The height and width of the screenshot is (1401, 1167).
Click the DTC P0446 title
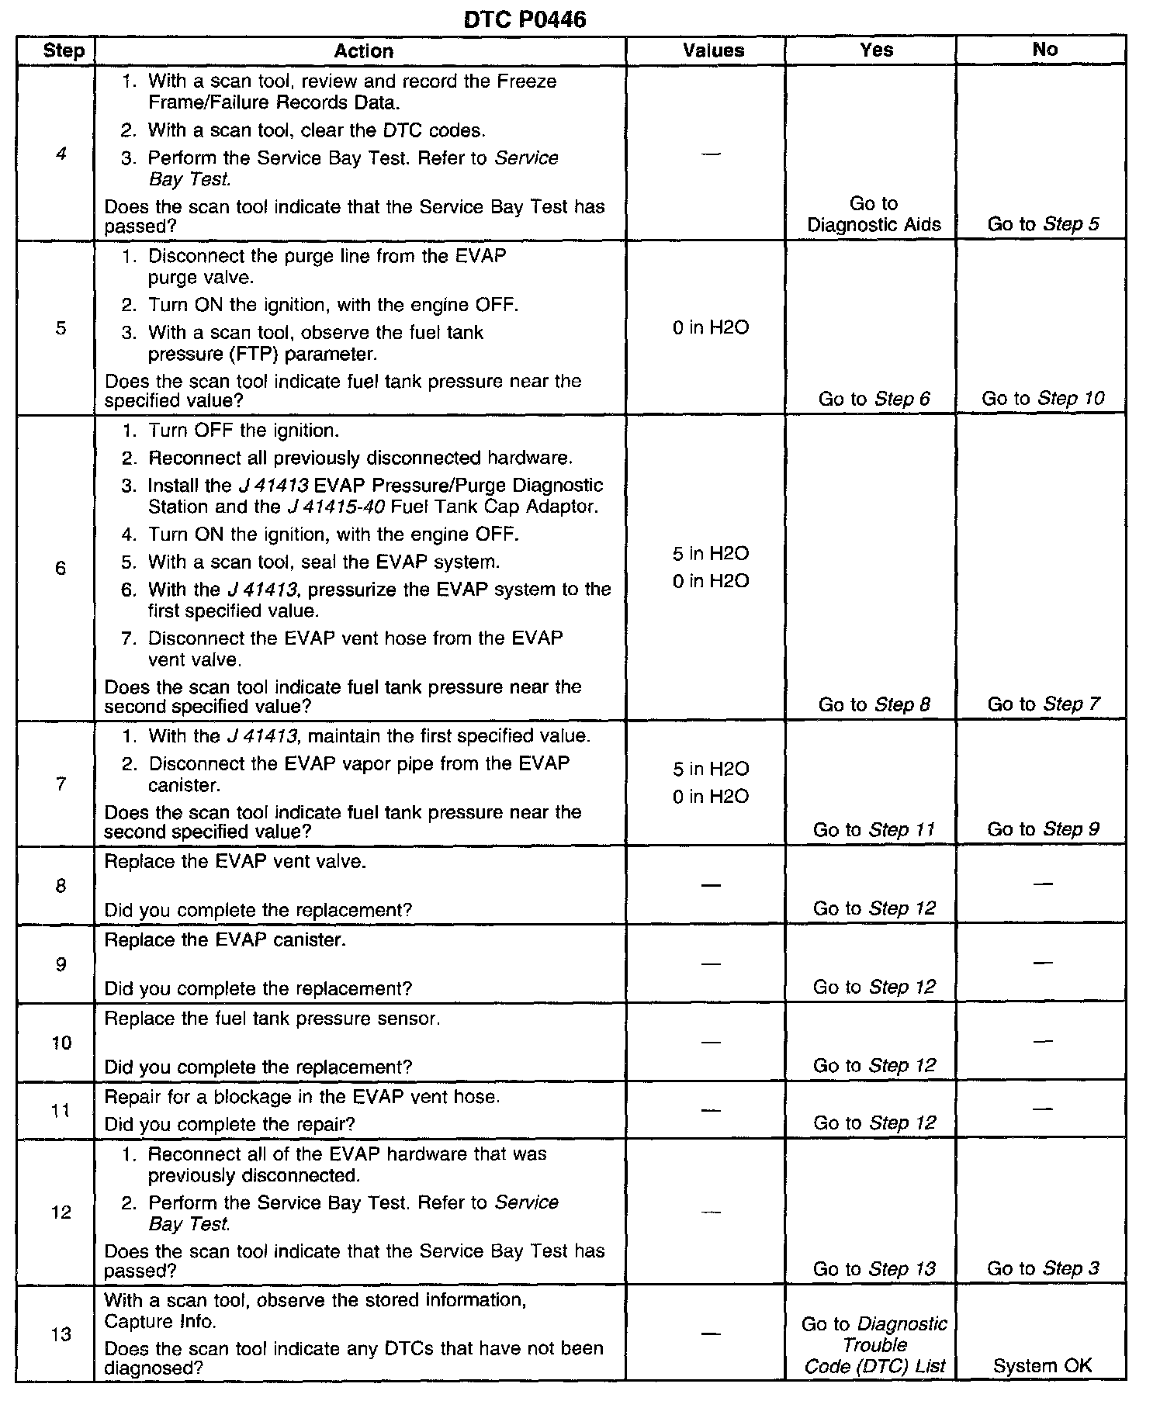(x=525, y=19)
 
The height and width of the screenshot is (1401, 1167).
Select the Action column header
(x=363, y=51)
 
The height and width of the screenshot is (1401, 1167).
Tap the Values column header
(x=713, y=50)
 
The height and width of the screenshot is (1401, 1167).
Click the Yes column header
(x=877, y=50)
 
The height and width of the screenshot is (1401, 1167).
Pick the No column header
(x=1044, y=50)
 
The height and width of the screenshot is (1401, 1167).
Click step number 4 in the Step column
(x=61, y=154)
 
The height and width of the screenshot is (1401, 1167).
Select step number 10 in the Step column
(x=61, y=1043)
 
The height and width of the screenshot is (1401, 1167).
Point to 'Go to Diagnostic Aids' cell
(x=874, y=214)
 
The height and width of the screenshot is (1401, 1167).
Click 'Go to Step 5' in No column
(x=1043, y=224)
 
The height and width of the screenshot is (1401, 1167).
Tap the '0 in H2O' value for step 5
(x=711, y=327)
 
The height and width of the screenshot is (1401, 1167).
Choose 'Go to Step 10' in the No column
(x=1043, y=399)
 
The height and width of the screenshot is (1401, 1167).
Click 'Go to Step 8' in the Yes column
(x=874, y=704)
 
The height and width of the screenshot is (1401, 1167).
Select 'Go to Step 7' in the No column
(x=1043, y=704)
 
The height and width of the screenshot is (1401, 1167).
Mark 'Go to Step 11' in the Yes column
(x=874, y=829)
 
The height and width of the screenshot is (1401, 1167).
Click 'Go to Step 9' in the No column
(x=1043, y=829)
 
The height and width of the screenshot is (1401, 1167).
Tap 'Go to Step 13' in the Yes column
(x=874, y=1269)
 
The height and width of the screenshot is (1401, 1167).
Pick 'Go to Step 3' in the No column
(x=1043, y=1269)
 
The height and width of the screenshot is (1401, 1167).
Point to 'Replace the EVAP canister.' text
(x=225, y=940)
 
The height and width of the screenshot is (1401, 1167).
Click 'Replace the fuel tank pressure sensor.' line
(x=272, y=1019)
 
